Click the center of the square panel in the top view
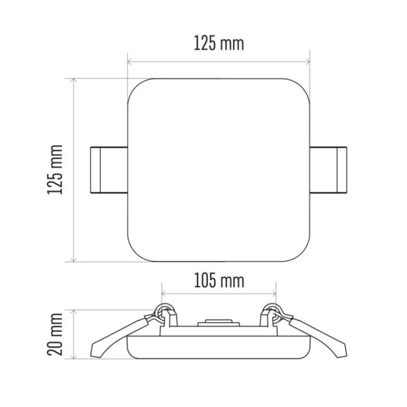click(x=218, y=170)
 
